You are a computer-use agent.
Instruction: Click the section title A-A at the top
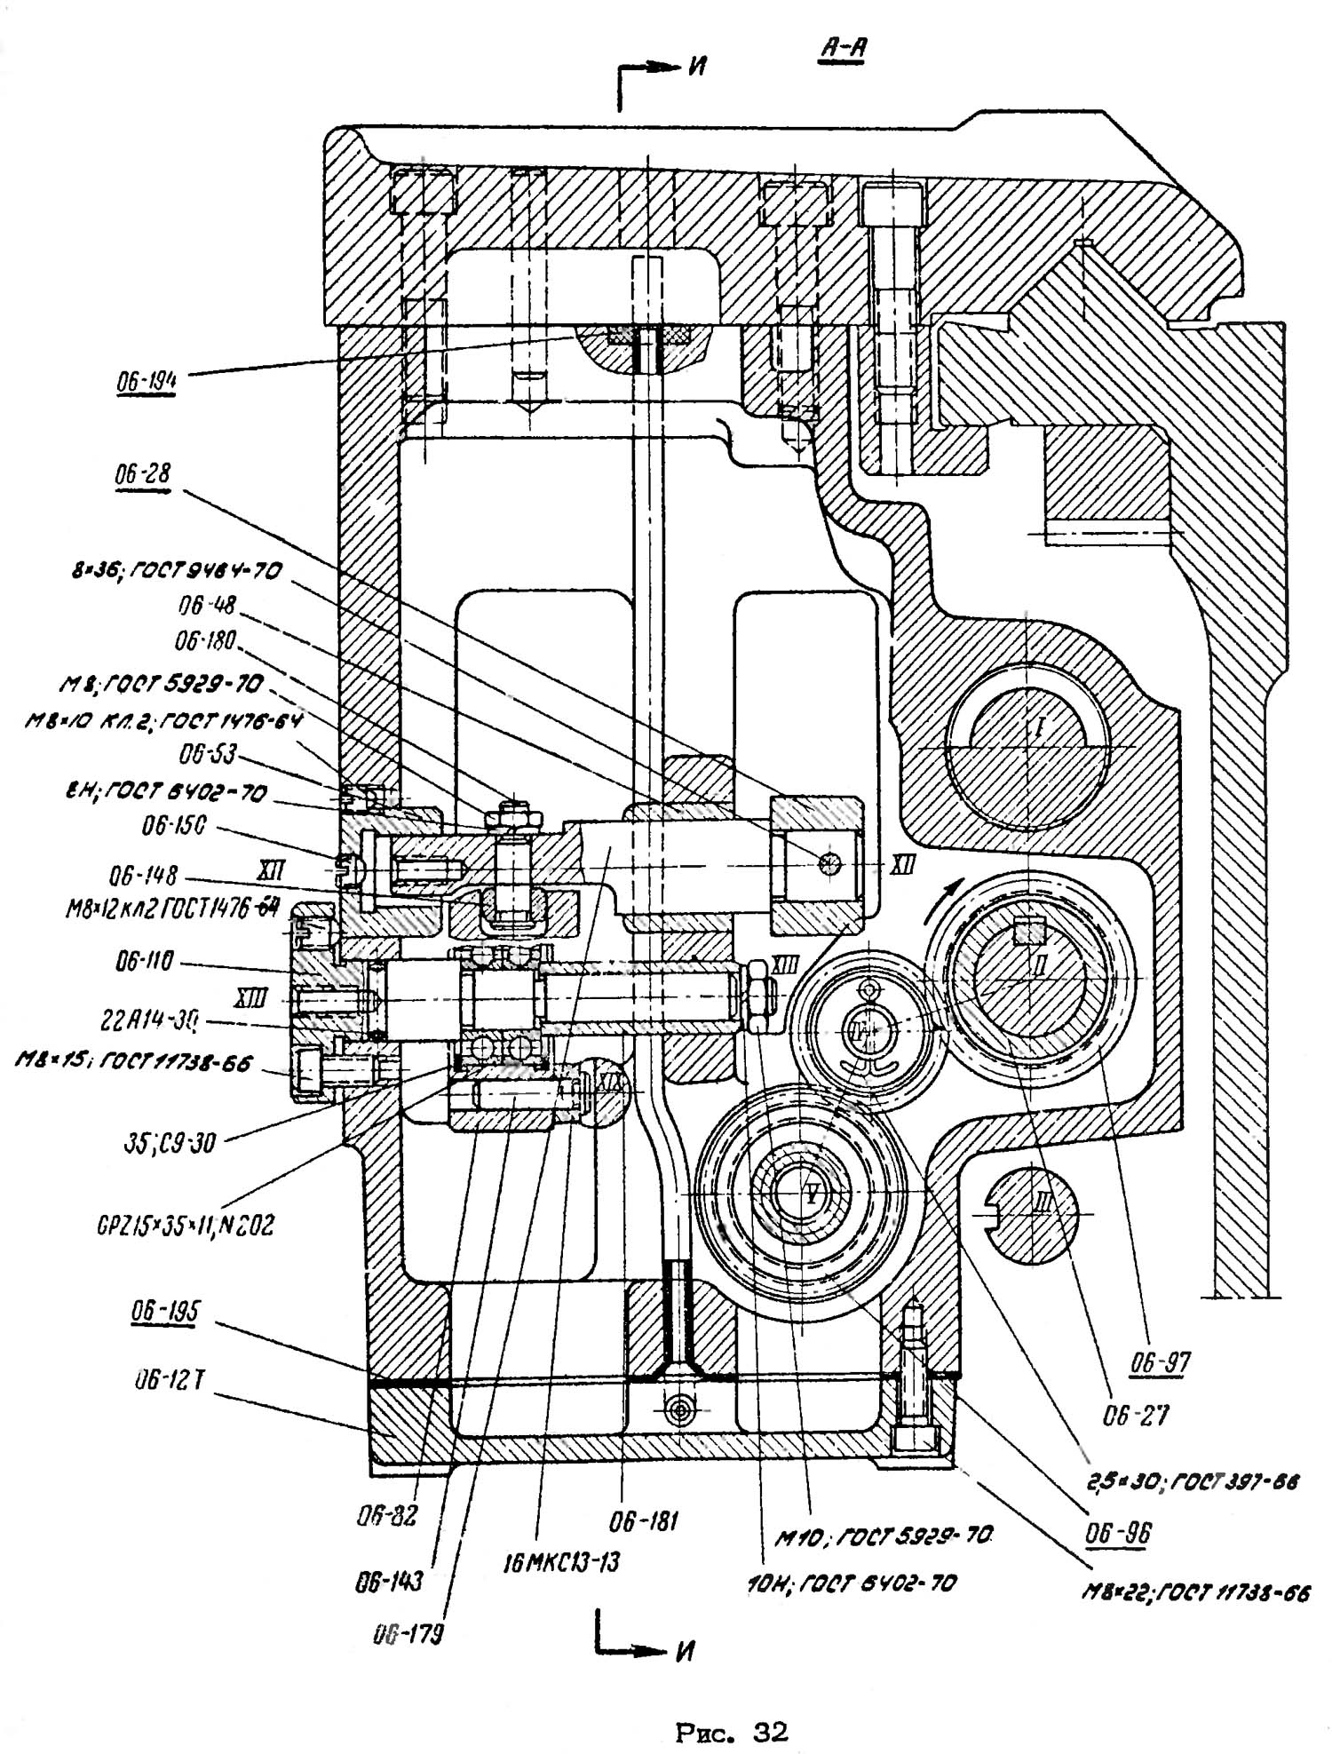(x=841, y=49)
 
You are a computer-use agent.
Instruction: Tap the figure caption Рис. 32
(x=731, y=1731)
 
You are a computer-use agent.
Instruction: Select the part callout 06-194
(x=146, y=381)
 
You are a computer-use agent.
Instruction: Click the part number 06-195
(x=164, y=1312)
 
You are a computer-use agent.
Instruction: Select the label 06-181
(x=643, y=1522)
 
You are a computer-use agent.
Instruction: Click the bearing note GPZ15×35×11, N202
(x=185, y=1226)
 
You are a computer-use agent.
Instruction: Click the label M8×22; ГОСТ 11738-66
(x=1194, y=1593)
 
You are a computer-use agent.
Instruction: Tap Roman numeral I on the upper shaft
(x=1038, y=729)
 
